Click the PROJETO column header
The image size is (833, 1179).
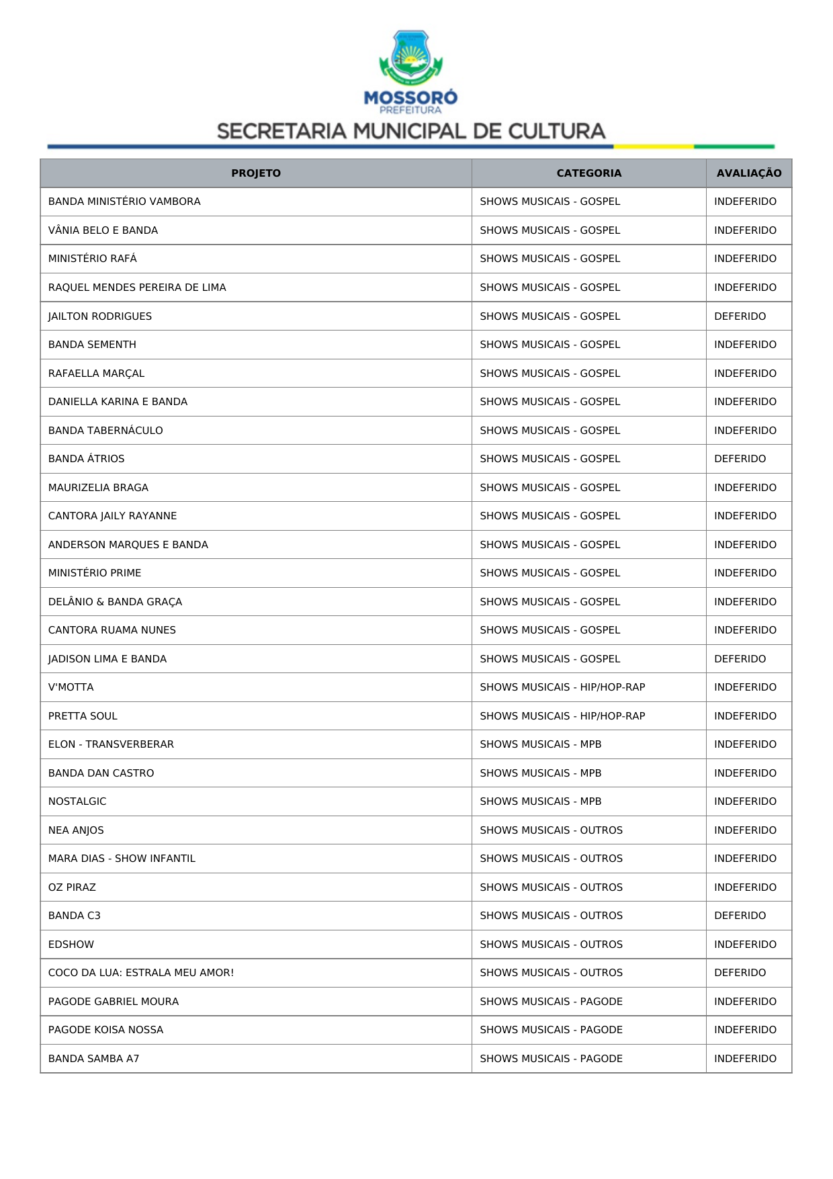coord(256,173)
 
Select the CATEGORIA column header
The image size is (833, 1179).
coord(588,173)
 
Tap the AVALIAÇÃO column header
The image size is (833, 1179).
coord(748,173)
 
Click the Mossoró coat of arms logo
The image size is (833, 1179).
coord(410,58)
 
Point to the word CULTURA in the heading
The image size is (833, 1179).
coord(556,131)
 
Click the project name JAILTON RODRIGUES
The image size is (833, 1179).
coord(100,316)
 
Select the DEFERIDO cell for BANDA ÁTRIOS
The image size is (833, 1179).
coord(740,459)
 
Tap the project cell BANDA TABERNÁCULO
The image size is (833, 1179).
coord(105,431)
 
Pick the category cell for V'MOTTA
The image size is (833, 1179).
coord(562,687)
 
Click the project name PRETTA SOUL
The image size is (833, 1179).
coord(83,716)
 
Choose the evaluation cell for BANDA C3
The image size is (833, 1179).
coord(740,916)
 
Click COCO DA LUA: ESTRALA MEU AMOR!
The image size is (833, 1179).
coord(141,973)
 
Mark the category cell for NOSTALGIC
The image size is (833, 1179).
coord(540,801)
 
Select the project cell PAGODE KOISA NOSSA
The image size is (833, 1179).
coord(105,1030)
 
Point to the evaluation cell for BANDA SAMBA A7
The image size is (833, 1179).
coord(745,1059)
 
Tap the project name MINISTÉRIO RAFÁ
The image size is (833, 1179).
coord(93,259)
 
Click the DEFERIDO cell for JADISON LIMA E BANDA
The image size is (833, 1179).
coord(740,659)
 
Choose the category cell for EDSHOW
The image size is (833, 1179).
coord(551,945)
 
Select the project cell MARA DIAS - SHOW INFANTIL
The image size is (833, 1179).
coord(122,859)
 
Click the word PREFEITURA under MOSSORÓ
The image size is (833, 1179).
coord(410,110)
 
